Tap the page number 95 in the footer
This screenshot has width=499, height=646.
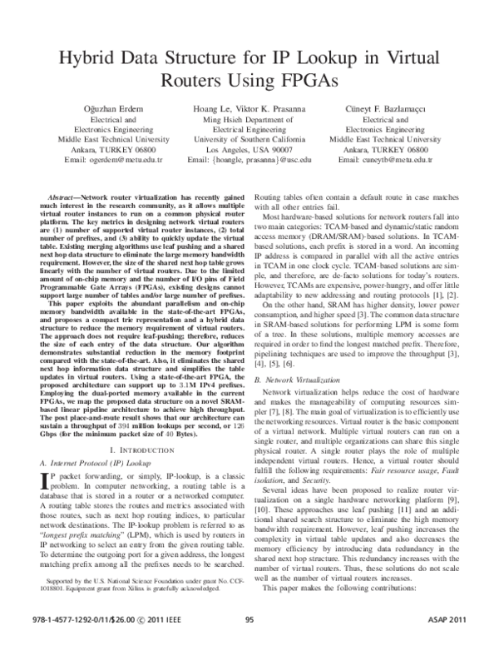tap(249, 620)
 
